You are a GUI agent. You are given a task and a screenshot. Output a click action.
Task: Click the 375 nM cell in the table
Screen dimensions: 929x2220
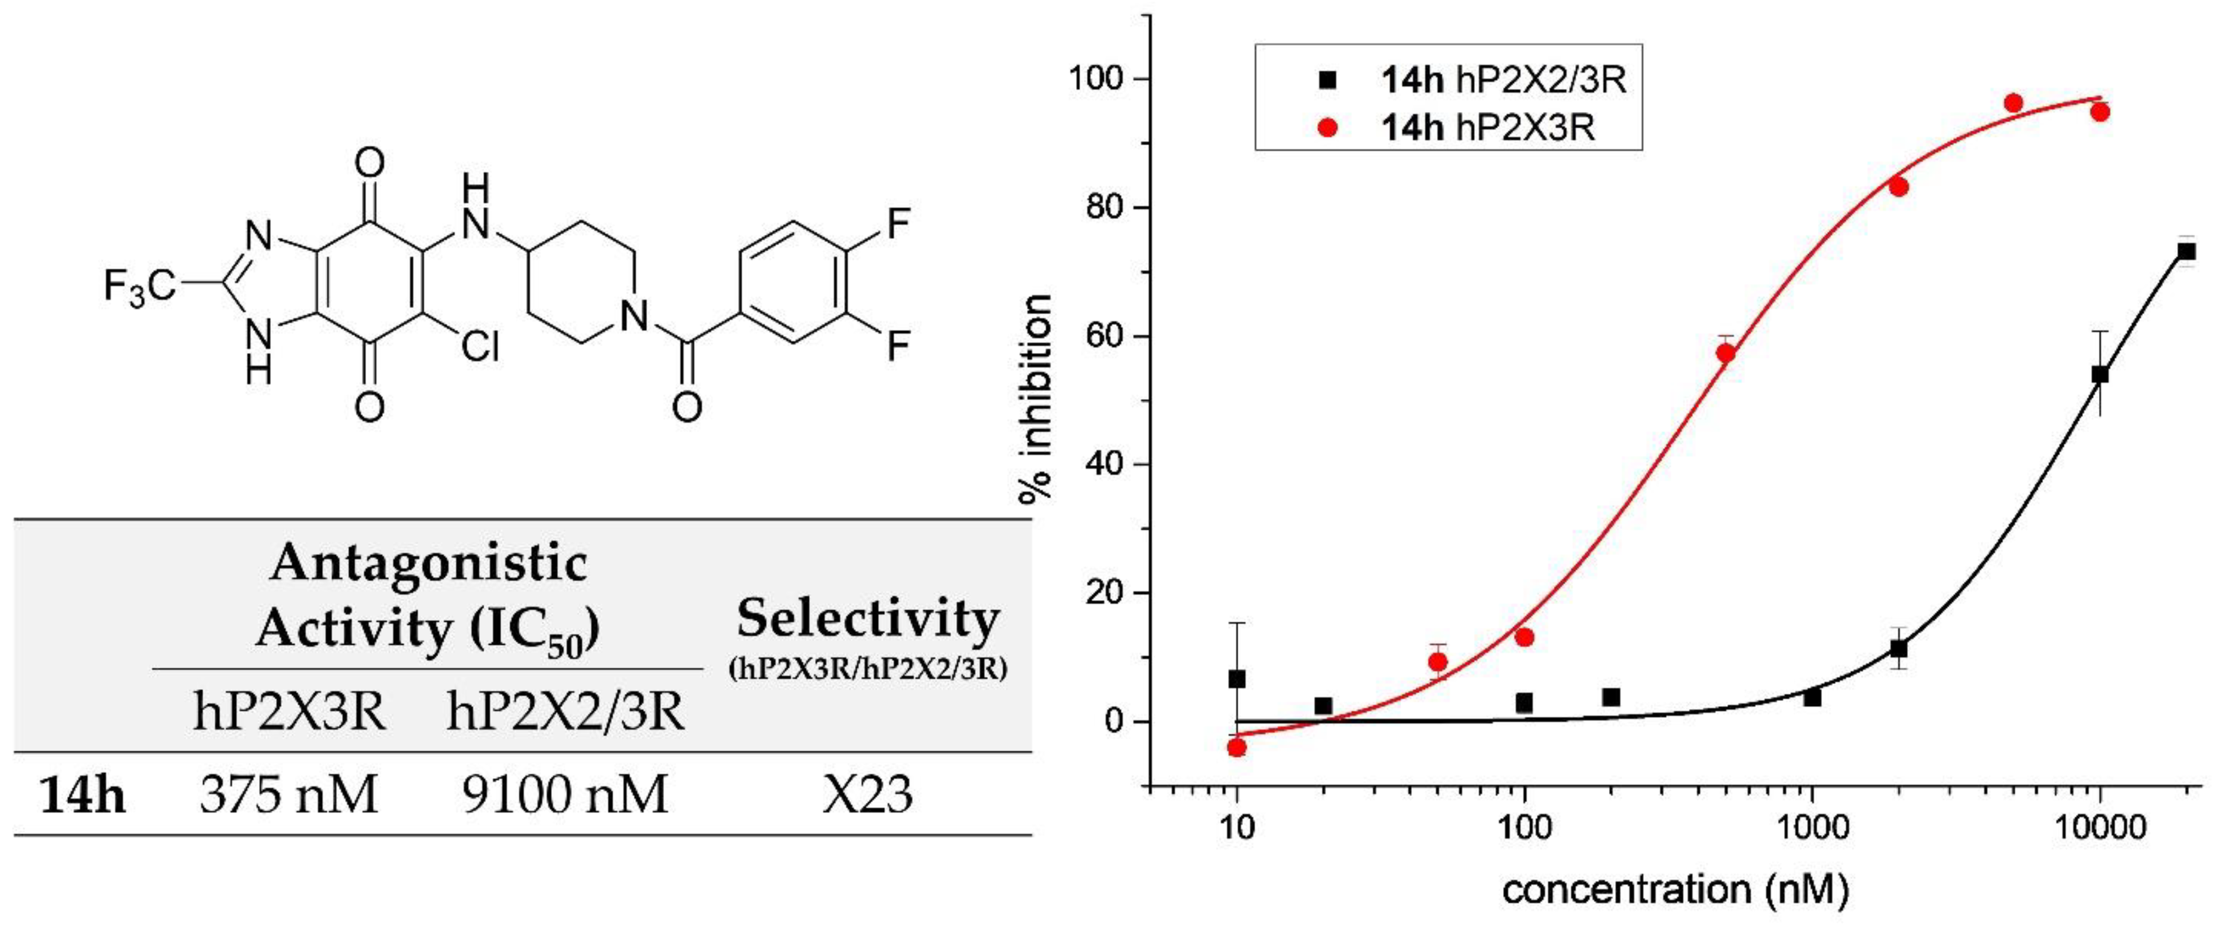[289, 794]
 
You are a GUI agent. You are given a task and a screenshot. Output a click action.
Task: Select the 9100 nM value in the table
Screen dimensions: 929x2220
[565, 794]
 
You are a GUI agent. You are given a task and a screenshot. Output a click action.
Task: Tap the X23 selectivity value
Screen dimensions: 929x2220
[867, 794]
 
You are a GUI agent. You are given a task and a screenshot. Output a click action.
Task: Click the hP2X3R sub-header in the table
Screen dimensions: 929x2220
[289, 712]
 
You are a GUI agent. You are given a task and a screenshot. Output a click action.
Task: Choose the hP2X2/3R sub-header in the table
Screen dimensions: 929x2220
[565, 712]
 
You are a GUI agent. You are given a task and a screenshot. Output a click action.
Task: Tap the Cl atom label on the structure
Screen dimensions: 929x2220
[480, 346]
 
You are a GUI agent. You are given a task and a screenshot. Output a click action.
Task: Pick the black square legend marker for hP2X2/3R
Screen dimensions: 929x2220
[1328, 80]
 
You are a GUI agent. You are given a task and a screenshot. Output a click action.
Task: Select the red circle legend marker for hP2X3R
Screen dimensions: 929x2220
[1328, 128]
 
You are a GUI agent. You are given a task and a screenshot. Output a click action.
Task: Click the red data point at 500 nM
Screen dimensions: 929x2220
[1726, 352]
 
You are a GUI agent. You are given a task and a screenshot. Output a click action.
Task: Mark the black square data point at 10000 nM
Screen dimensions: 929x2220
[2100, 375]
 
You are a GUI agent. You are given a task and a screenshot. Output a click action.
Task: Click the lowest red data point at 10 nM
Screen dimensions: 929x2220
[1237, 747]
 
